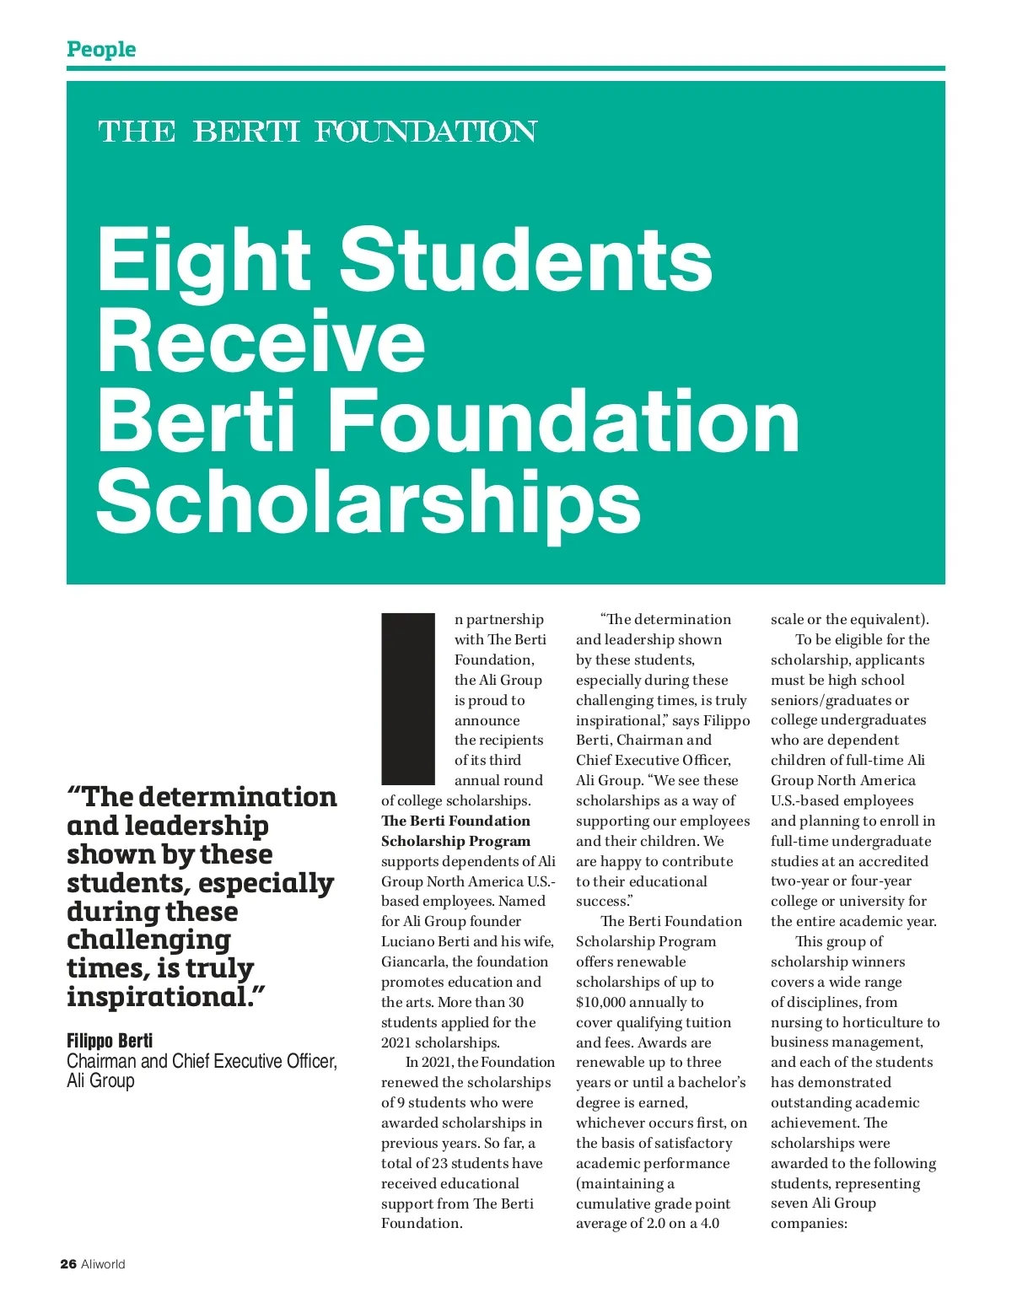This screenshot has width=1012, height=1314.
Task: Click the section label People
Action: click(101, 49)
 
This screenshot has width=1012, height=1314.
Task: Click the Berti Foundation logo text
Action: click(317, 132)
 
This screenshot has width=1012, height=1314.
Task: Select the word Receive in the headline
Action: click(261, 341)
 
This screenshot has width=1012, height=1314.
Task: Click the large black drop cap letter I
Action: click(407, 699)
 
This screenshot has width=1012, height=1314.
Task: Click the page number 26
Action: click(68, 1263)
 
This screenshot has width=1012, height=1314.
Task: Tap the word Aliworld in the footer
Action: click(103, 1263)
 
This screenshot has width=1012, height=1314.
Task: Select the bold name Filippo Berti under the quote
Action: click(110, 1041)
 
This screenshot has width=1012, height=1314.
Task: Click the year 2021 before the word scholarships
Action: click(396, 1042)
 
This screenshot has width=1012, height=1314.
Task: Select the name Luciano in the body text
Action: click(412, 941)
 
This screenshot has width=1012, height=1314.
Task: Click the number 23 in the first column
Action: click(439, 1163)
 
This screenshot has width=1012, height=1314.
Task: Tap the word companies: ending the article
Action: click(809, 1223)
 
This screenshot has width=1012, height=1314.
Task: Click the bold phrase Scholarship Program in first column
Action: click(455, 841)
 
